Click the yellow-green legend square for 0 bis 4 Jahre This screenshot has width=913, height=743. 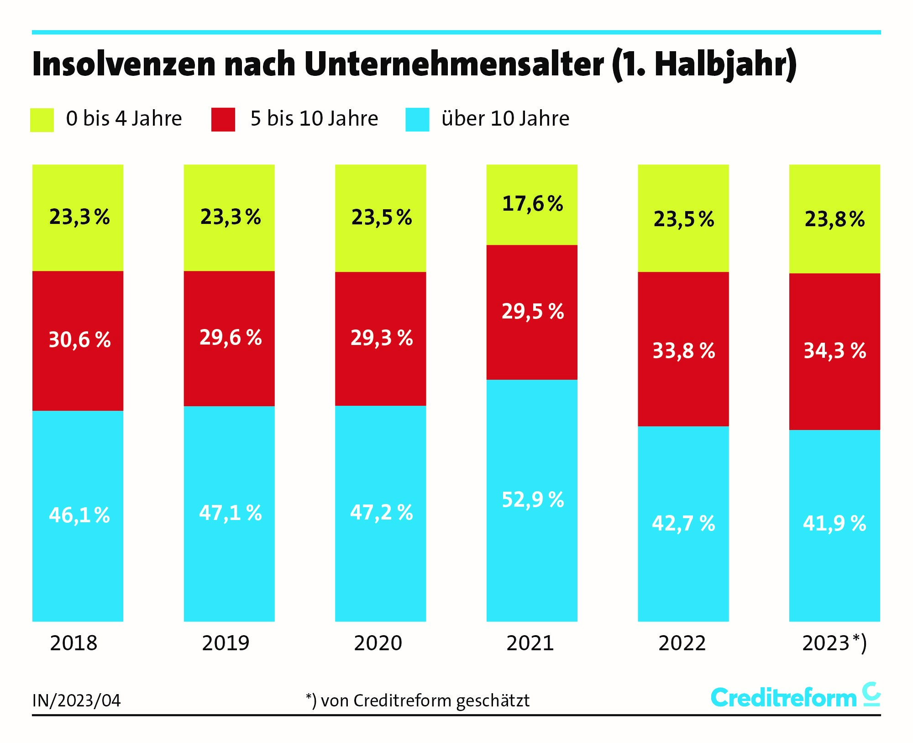pos(42,120)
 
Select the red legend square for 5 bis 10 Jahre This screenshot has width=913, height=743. pos(223,120)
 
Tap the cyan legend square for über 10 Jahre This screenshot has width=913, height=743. pos(417,120)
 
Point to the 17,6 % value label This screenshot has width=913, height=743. pos(532,204)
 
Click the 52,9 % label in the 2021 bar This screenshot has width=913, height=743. pos(533,499)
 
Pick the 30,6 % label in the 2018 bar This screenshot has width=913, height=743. pos(79,340)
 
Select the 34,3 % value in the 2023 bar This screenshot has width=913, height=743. pos(834,351)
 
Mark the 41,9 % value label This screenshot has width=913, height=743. pos(834,523)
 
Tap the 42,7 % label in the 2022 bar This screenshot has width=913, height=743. pos(683,523)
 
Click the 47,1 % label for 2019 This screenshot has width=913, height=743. pos(230,513)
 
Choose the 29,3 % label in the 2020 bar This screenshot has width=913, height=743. pos(382,338)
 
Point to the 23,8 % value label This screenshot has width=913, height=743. pos(834,219)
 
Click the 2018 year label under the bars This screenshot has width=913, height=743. pos(73,643)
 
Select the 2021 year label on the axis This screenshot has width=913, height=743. pos(530,643)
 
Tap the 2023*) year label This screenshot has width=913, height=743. pos(834,643)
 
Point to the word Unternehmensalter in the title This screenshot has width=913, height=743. pos(454,64)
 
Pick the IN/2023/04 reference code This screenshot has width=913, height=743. pos(76,701)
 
